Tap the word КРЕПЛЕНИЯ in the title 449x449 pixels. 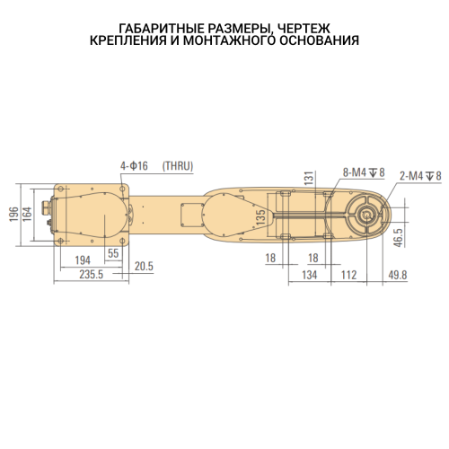[127, 40]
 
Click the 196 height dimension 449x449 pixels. [13, 214]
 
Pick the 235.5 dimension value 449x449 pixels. [87, 274]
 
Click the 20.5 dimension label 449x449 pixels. [144, 267]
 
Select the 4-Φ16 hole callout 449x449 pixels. [135, 166]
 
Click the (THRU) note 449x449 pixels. [178, 166]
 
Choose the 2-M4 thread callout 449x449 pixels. [419, 176]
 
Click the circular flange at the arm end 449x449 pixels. [367, 214]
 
